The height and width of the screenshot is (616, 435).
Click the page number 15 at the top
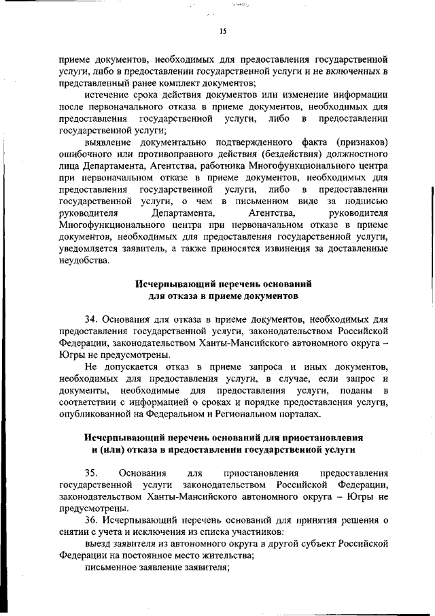(222, 31)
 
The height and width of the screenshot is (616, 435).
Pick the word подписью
(367, 201)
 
